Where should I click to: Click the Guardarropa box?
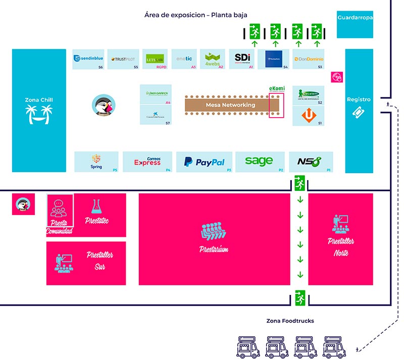point(355,18)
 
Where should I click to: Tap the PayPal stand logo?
point(204,162)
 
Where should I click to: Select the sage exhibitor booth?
point(259,161)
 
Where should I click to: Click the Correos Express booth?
point(147,162)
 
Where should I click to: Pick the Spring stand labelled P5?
point(96,162)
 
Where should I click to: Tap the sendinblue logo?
point(89,59)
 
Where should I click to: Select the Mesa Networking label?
point(230,105)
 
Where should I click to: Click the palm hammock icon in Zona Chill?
point(39,115)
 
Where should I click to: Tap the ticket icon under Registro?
point(359,114)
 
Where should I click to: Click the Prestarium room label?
point(215,249)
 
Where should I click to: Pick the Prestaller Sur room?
point(99,262)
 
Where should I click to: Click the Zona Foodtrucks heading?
point(290,321)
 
